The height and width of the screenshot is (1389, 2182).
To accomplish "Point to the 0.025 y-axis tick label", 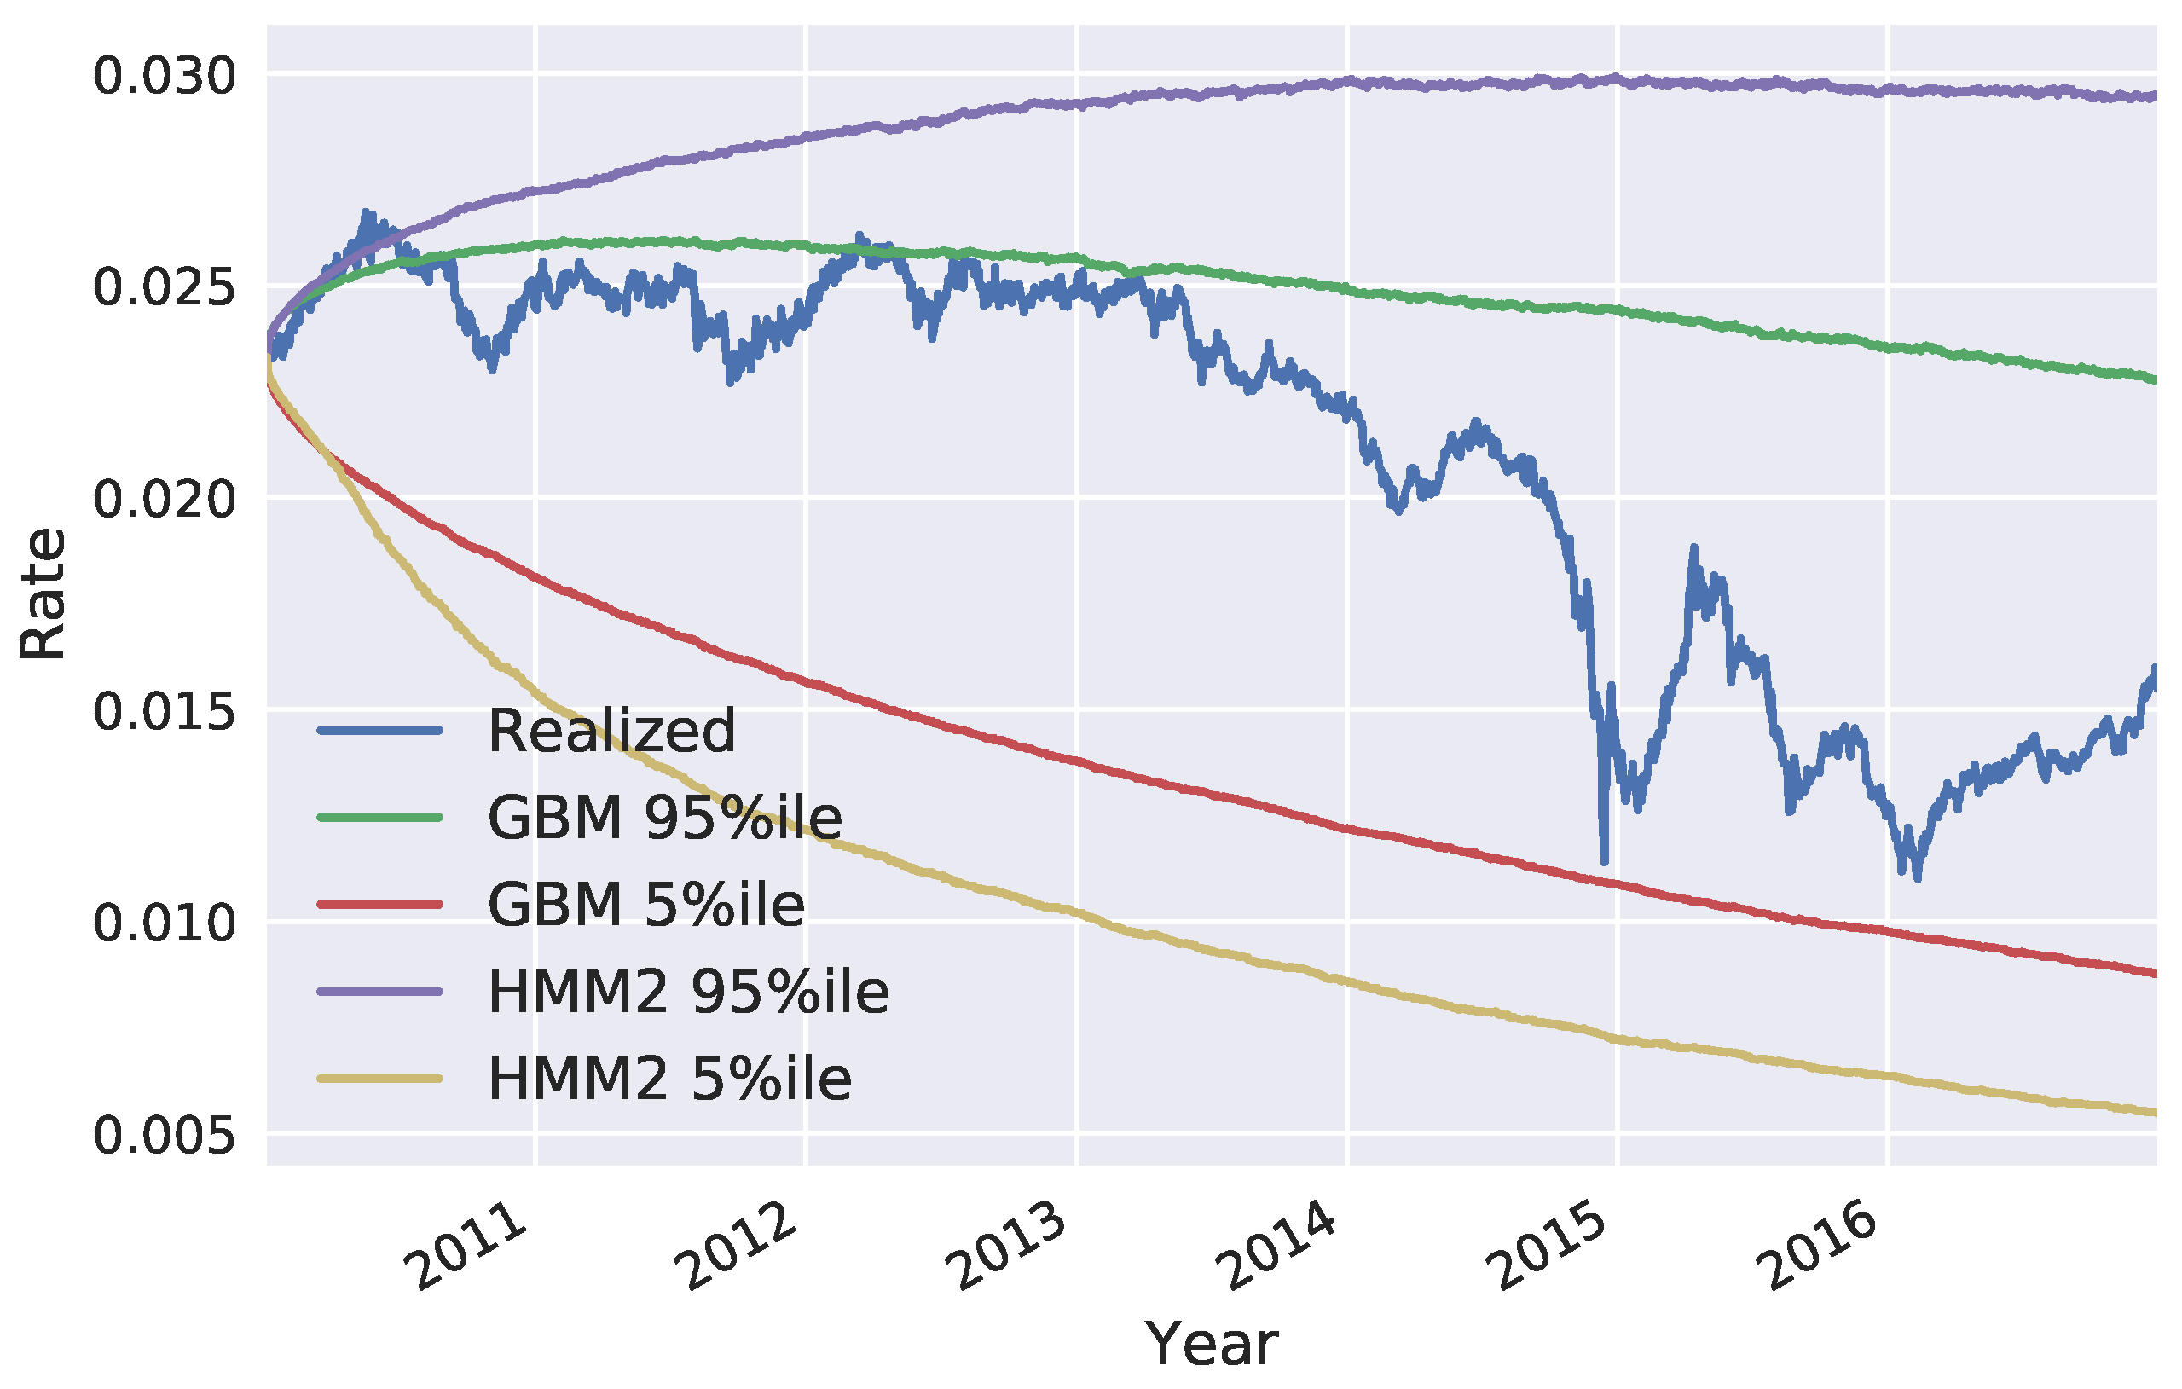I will (x=164, y=288).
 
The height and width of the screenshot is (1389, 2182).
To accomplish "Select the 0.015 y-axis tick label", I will (x=164, y=712).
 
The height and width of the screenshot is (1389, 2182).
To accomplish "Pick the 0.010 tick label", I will (x=164, y=924).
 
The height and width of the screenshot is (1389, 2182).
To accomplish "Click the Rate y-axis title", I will (x=43, y=594).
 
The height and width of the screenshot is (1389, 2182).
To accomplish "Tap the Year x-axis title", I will (x=1212, y=1345).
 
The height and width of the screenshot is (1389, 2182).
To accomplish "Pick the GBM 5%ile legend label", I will (x=646, y=904).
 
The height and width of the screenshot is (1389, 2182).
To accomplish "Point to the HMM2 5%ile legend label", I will (x=669, y=1079).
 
